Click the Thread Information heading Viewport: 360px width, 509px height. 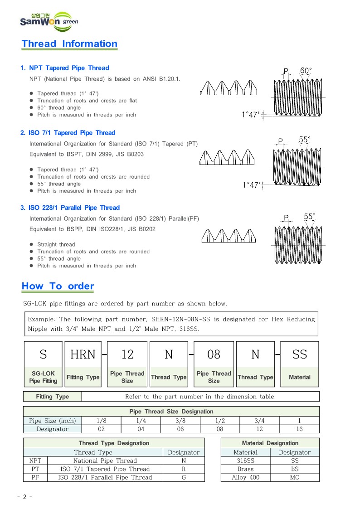pos(69,44)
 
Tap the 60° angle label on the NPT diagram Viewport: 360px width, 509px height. pos(306,71)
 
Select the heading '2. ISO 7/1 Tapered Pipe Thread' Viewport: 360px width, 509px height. pos(68,133)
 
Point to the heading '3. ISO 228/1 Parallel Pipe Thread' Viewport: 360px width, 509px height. pos(70,208)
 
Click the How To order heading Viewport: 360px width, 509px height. pos(58,286)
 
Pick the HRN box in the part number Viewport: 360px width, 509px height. pos(83,354)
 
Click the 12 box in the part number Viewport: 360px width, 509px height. pos(127,354)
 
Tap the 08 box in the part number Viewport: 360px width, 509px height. pos(214,354)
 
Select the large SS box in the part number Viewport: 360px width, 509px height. pos(299,354)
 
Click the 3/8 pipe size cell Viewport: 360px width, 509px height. pos(180,421)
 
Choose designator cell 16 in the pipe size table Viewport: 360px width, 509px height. pos(299,429)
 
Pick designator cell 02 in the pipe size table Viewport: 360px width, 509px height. pos(101,429)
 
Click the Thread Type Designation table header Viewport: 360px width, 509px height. pos(114,443)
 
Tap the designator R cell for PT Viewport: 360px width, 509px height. pos(183,469)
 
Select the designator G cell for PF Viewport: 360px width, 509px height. pos(183,477)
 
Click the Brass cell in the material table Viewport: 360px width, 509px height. pos(245,469)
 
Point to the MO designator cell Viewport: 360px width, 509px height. pos(294,477)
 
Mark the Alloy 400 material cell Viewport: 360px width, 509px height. pos(245,477)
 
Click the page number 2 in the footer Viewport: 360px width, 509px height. pos(24,497)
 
